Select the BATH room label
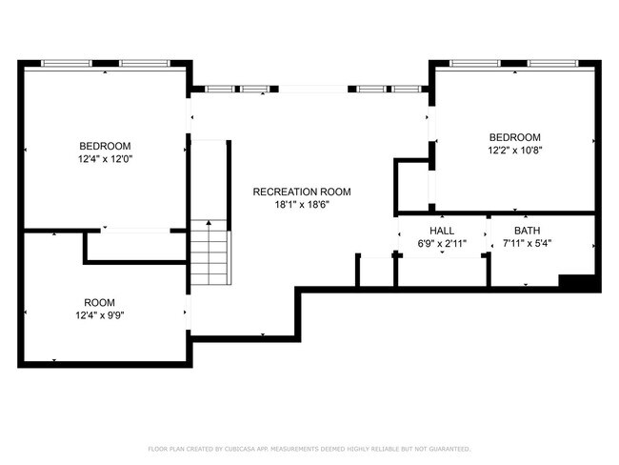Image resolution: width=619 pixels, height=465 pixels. [x=527, y=231]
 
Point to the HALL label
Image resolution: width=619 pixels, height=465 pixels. [x=442, y=231]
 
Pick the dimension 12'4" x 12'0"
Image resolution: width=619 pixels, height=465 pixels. [x=105, y=159]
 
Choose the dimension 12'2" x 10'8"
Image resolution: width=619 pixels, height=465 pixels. [x=514, y=150]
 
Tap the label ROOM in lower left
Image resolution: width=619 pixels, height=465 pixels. [x=99, y=302]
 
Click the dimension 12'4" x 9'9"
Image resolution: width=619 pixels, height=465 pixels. [x=99, y=315]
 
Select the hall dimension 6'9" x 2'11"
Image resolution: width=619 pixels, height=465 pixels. [x=442, y=244]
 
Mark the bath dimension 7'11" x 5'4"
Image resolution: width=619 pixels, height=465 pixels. [x=527, y=244]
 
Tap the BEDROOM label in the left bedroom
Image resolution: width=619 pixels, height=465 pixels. [x=105, y=146]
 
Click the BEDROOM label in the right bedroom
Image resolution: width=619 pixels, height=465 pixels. [x=514, y=136]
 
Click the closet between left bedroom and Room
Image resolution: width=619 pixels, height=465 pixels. [x=136, y=246]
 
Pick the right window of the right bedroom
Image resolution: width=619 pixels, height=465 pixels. [x=551, y=64]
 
